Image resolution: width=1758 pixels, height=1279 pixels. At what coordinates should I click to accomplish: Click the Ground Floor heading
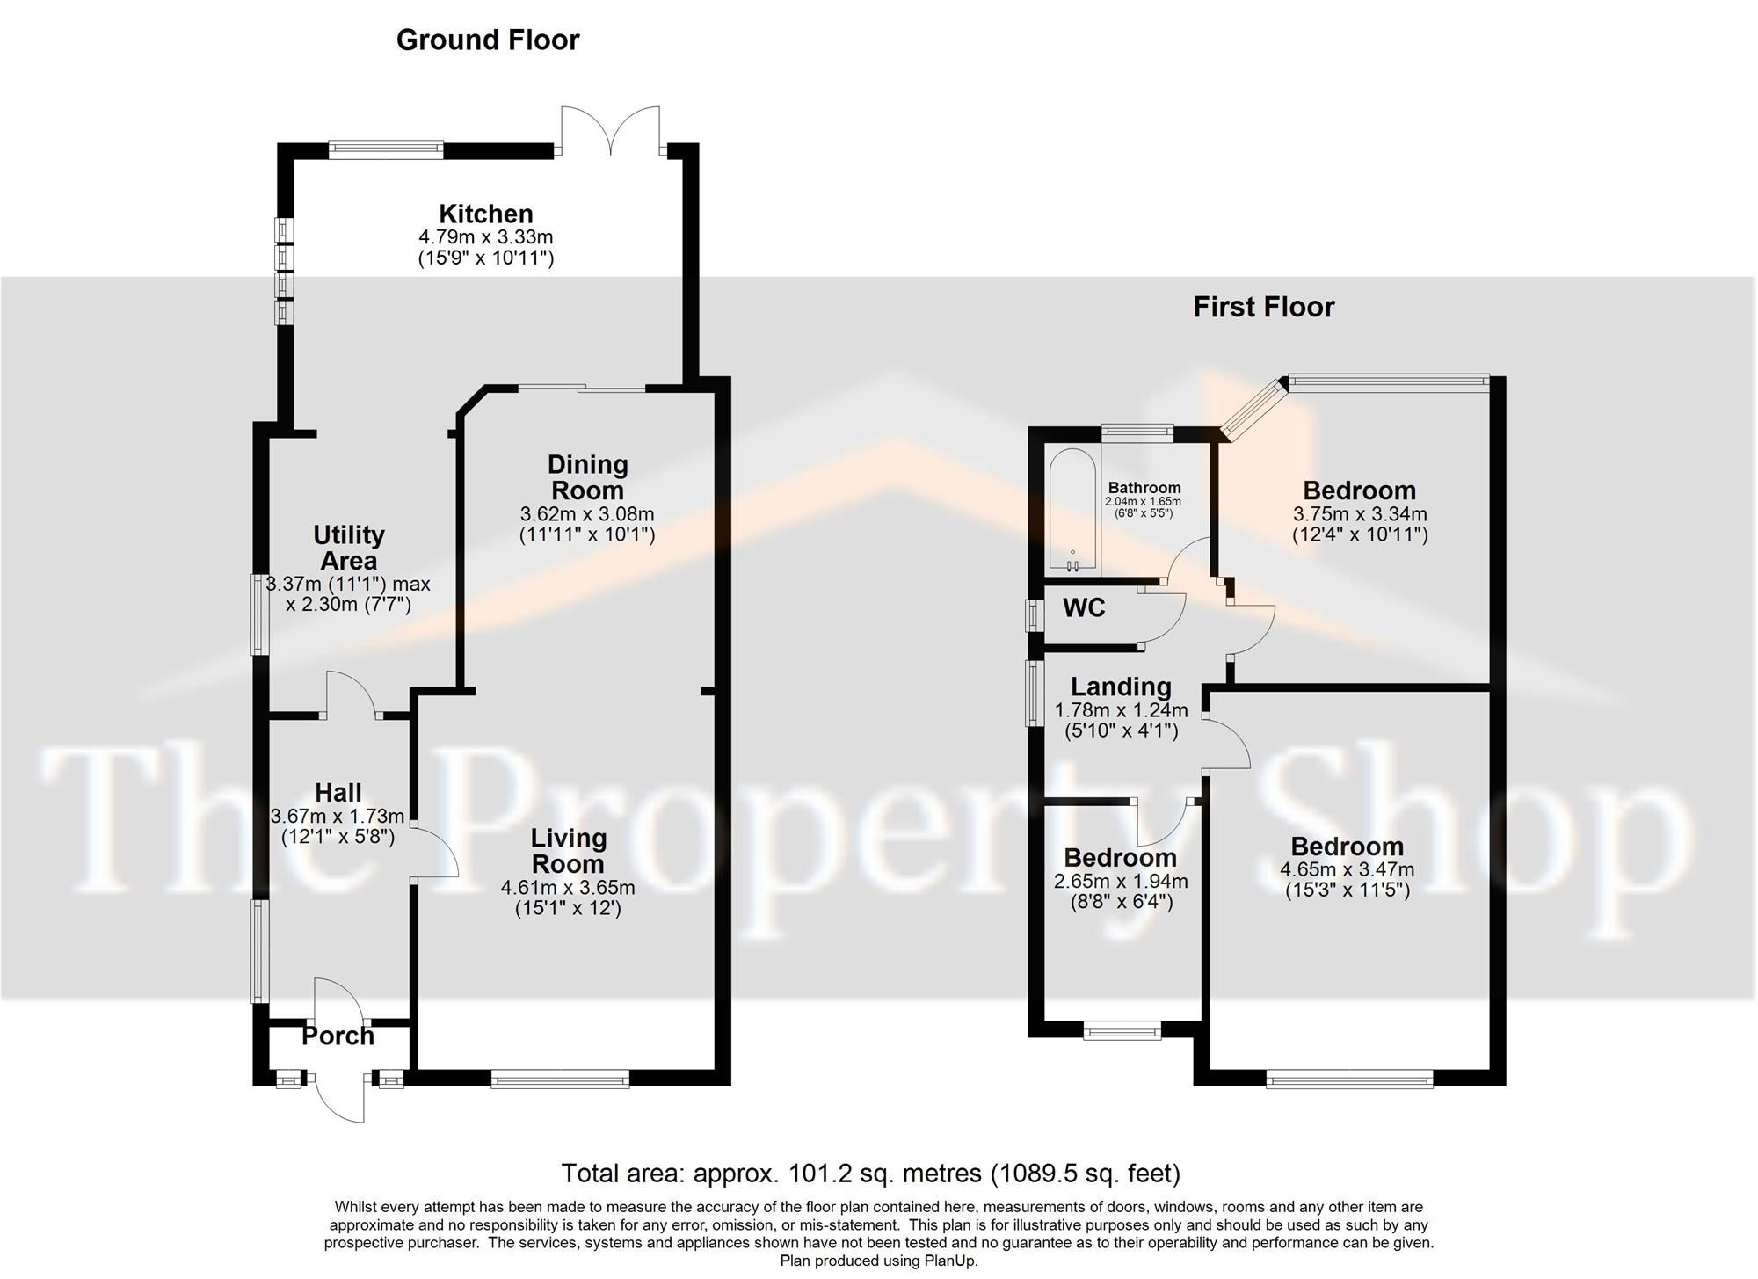point(488,40)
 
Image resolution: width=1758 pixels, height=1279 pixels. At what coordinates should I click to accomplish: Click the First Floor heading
point(1263,307)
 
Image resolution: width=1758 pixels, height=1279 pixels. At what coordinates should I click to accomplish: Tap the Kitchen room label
point(486,214)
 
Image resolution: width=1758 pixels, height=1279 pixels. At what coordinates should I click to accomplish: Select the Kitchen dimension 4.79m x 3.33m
point(486,237)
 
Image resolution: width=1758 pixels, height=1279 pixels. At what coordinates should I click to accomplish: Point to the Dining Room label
point(587,477)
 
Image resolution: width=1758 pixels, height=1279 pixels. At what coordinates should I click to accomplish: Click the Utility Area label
point(349,548)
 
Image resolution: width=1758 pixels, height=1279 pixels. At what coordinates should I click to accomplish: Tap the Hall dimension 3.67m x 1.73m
point(338,817)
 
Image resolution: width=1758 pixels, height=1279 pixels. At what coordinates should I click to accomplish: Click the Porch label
point(338,1036)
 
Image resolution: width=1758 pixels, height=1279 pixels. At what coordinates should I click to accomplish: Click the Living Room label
point(568,851)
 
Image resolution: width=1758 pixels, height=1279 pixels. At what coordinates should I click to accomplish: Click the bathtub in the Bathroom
point(1072,510)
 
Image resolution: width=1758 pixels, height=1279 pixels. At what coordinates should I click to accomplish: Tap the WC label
point(1084,608)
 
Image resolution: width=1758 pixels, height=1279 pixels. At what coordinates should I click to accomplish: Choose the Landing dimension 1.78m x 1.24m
point(1121,710)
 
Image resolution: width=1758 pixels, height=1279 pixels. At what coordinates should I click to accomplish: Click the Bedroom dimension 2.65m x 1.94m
point(1121,882)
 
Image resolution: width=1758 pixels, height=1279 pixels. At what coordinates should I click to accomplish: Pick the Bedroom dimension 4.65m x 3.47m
point(1347,870)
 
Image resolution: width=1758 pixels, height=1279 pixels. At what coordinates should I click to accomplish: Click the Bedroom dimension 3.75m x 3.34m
point(1359,514)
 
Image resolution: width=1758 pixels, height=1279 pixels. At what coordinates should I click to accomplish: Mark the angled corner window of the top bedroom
point(1253,410)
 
